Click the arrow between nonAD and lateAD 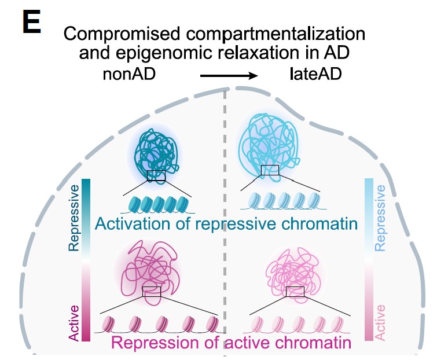229,76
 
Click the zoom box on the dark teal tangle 156,175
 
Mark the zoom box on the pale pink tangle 295,291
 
